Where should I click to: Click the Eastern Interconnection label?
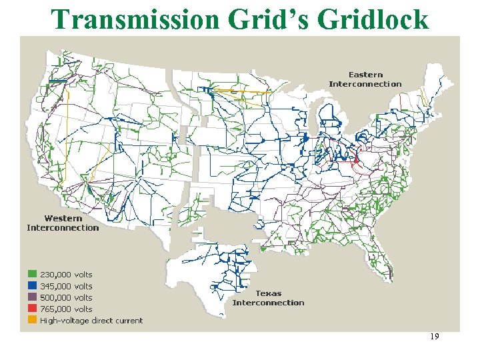click(x=365, y=79)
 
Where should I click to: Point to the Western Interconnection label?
click(x=63, y=223)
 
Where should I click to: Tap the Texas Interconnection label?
click(x=268, y=298)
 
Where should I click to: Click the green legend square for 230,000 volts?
click(x=32, y=274)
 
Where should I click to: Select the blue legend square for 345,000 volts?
click(x=32, y=285)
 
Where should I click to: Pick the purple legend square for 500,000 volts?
click(x=32, y=297)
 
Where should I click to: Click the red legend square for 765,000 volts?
click(x=32, y=309)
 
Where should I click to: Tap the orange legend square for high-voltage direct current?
click(x=32, y=321)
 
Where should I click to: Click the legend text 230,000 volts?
click(x=66, y=274)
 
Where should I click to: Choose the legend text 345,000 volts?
click(x=66, y=286)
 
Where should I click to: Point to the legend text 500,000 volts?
click(x=66, y=297)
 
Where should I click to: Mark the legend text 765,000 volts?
click(x=66, y=309)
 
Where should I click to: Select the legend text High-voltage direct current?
click(x=91, y=321)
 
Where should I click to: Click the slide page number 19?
click(x=434, y=337)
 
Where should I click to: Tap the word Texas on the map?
click(x=268, y=293)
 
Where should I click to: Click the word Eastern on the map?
click(x=365, y=75)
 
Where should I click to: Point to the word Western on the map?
click(x=63, y=218)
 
